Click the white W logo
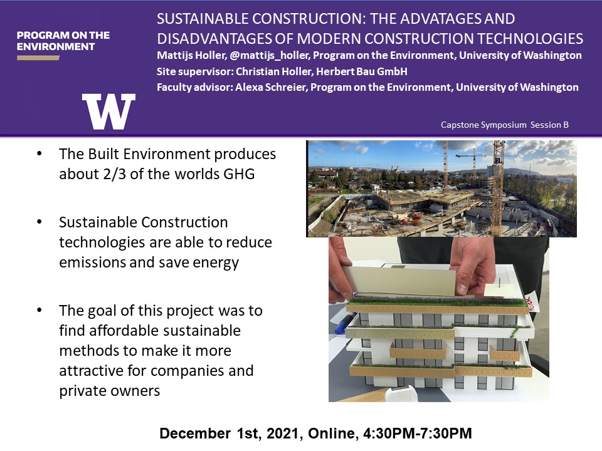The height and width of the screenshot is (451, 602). [x=108, y=111]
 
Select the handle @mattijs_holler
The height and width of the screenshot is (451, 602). [x=269, y=56]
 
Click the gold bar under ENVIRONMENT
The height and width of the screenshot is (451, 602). [x=38, y=58]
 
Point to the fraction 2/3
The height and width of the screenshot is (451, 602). [x=114, y=174]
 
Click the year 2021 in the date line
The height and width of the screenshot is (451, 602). [x=282, y=433]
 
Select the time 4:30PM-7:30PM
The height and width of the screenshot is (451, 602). [x=418, y=433]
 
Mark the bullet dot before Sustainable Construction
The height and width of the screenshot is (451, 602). [x=39, y=222]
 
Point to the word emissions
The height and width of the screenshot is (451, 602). [x=92, y=262]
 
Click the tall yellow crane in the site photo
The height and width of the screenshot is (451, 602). [x=498, y=188]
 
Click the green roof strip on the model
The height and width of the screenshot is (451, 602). [x=438, y=301]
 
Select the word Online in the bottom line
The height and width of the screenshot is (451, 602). [x=330, y=433]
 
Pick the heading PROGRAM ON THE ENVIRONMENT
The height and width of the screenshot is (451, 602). [x=63, y=41]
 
